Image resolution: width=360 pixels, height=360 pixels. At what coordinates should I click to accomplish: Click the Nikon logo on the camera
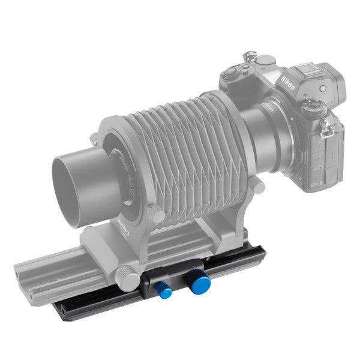tap(286, 79)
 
